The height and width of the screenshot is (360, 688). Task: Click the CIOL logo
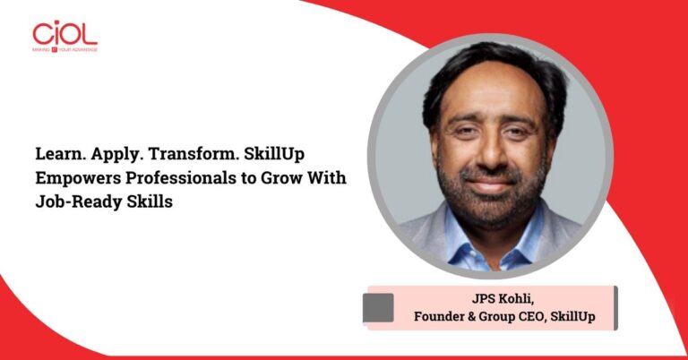click(x=64, y=34)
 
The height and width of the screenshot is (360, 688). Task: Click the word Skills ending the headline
click(x=148, y=202)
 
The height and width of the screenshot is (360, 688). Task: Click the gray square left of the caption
click(x=378, y=307)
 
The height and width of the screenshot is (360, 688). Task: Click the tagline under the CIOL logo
click(x=64, y=49)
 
